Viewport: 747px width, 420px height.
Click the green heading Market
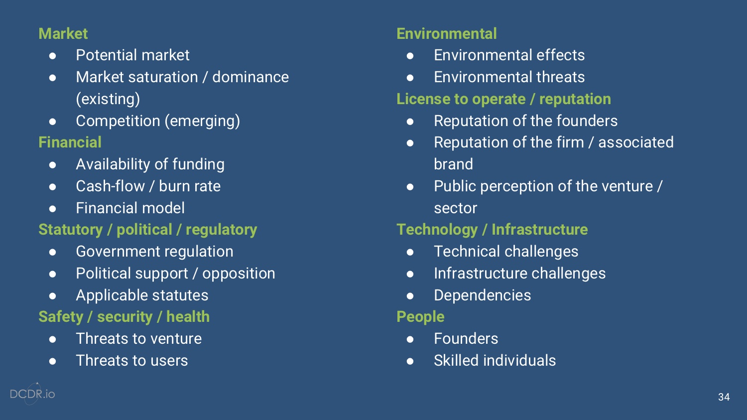point(63,33)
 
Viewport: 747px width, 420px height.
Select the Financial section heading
point(70,142)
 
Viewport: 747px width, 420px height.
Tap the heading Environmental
point(446,33)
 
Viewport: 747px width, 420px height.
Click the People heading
point(420,317)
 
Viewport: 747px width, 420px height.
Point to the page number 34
point(724,397)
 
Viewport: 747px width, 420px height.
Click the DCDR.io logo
point(32,394)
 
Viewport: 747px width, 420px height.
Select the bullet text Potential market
point(132,55)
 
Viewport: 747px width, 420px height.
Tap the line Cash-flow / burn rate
point(148,186)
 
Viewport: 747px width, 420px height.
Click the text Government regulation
point(154,252)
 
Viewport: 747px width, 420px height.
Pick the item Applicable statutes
point(142,295)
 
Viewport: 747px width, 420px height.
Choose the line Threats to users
point(132,361)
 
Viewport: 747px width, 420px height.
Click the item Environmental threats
point(509,77)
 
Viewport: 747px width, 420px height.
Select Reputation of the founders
point(525,121)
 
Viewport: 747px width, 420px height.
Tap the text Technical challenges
point(506,252)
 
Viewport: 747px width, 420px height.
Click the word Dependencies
point(482,295)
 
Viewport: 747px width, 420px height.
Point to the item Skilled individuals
point(495,361)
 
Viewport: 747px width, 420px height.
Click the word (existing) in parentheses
point(108,99)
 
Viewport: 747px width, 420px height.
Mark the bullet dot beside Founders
point(410,339)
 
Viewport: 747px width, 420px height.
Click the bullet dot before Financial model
point(52,208)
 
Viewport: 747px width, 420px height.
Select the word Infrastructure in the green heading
point(539,230)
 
